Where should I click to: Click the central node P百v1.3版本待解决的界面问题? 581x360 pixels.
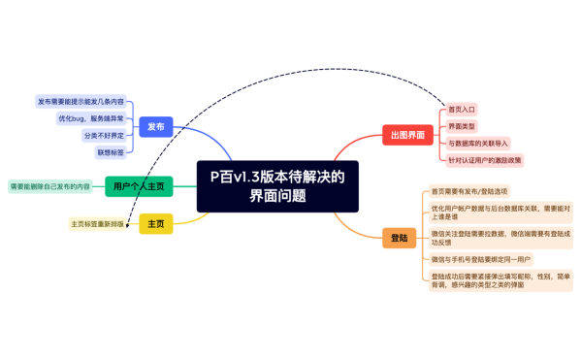(277, 185)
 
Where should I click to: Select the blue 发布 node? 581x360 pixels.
(155, 126)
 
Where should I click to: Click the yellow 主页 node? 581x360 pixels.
(156, 224)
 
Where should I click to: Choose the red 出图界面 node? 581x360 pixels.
(406, 135)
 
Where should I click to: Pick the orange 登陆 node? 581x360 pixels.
(399, 238)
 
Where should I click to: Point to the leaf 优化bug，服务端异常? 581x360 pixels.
(91, 117)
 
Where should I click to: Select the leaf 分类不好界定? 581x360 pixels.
(103, 135)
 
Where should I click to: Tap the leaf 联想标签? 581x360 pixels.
(109, 152)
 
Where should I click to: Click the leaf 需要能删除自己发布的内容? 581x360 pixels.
(50, 185)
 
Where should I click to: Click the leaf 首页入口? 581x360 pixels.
(462, 110)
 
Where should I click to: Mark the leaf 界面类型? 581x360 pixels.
(462, 127)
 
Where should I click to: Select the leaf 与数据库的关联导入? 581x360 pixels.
(476, 144)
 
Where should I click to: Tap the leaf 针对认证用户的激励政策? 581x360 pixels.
(484, 160)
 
